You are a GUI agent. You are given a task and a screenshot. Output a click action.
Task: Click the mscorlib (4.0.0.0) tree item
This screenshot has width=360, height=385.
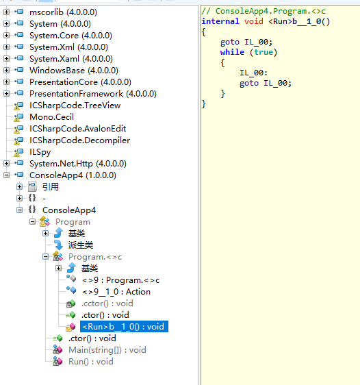(63, 12)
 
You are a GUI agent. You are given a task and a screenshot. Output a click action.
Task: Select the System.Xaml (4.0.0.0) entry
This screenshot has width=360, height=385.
(71, 59)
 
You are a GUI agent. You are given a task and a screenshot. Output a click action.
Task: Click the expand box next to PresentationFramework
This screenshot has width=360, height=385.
(7, 94)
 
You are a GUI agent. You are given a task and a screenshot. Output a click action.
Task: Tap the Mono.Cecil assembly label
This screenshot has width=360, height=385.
(51, 117)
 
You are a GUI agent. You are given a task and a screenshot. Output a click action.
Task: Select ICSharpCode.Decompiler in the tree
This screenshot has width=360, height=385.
(79, 140)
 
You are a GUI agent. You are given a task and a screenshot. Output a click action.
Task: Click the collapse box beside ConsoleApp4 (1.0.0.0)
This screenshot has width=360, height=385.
(7, 175)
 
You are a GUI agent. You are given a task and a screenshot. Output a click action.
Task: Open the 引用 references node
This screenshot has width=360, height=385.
(51, 187)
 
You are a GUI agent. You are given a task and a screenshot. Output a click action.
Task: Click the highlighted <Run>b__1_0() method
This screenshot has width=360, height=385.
(123, 327)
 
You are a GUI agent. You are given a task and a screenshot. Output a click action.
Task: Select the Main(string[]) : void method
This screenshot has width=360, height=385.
(107, 350)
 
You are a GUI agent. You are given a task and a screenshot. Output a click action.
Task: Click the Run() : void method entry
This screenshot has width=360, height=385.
(91, 362)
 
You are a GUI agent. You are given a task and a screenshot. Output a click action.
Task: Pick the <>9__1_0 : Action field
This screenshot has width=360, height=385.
(116, 292)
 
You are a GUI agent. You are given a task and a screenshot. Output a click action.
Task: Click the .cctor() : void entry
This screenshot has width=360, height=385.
(107, 303)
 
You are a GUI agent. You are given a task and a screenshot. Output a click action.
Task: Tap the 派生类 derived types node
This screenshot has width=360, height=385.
(81, 245)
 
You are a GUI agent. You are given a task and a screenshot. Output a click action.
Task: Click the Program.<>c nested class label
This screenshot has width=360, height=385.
(95, 257)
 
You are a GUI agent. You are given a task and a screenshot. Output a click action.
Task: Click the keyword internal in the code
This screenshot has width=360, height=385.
(220, 21)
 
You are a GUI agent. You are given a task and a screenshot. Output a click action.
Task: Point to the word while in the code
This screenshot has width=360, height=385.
(232, 52)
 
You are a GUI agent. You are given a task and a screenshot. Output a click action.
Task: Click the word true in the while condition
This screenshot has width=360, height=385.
(263, 52)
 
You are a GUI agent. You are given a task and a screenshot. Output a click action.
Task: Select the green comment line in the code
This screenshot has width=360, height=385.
(263, 11)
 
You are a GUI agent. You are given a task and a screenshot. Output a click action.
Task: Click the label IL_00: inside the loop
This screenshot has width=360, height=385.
(253, 73)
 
